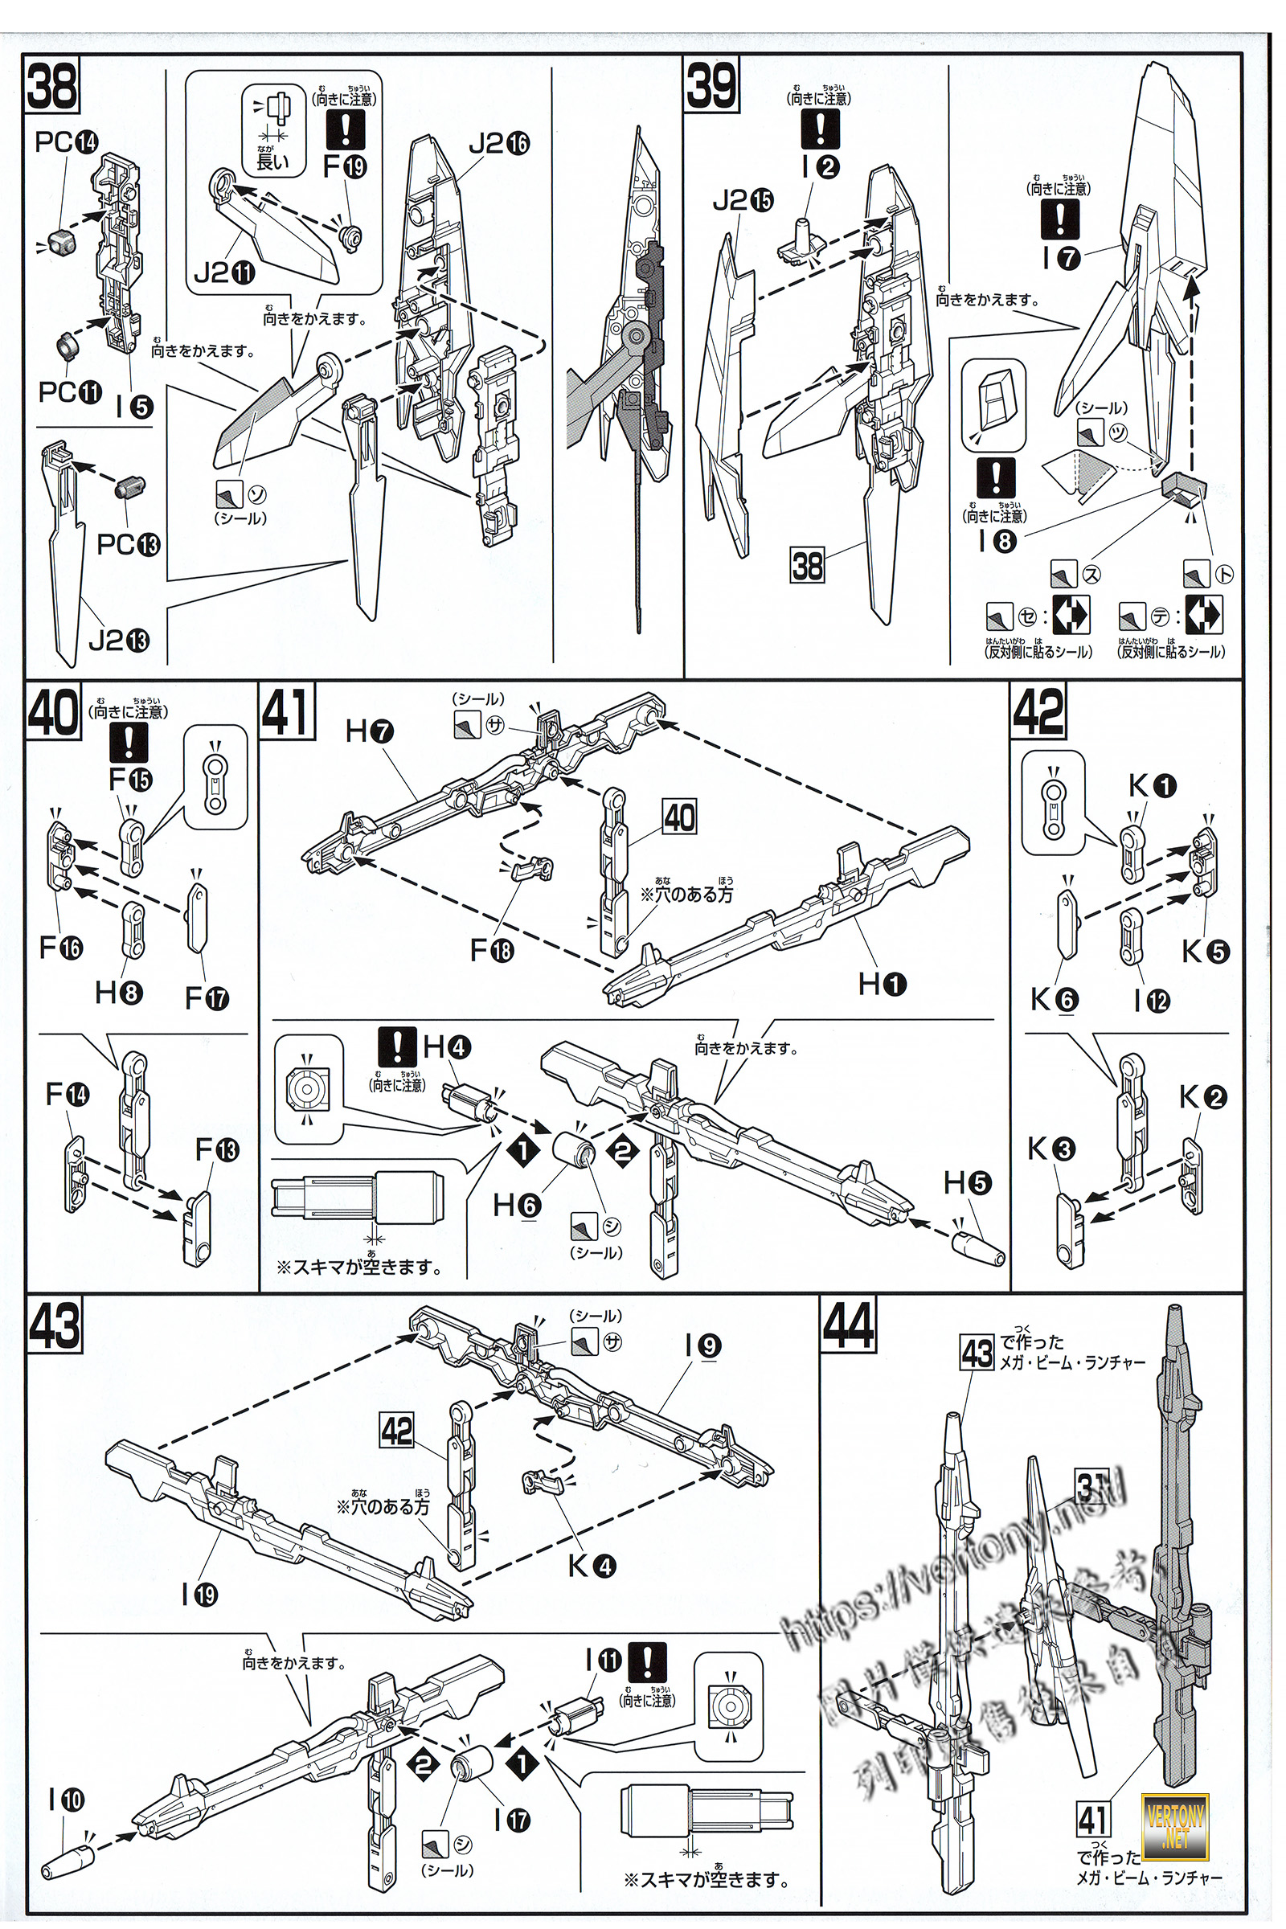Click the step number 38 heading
(51, 84)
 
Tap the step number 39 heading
(711, 84)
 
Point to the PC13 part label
(129, 544)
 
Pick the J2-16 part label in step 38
(498, 145)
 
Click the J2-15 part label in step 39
(742, 200)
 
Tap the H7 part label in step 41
(370, 731)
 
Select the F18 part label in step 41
(491, 950)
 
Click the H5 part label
(968, 1182)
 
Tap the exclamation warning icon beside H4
(398, 1046)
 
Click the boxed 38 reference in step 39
(807, 565)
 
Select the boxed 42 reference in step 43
(397, 1431)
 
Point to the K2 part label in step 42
(1202, 1096)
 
